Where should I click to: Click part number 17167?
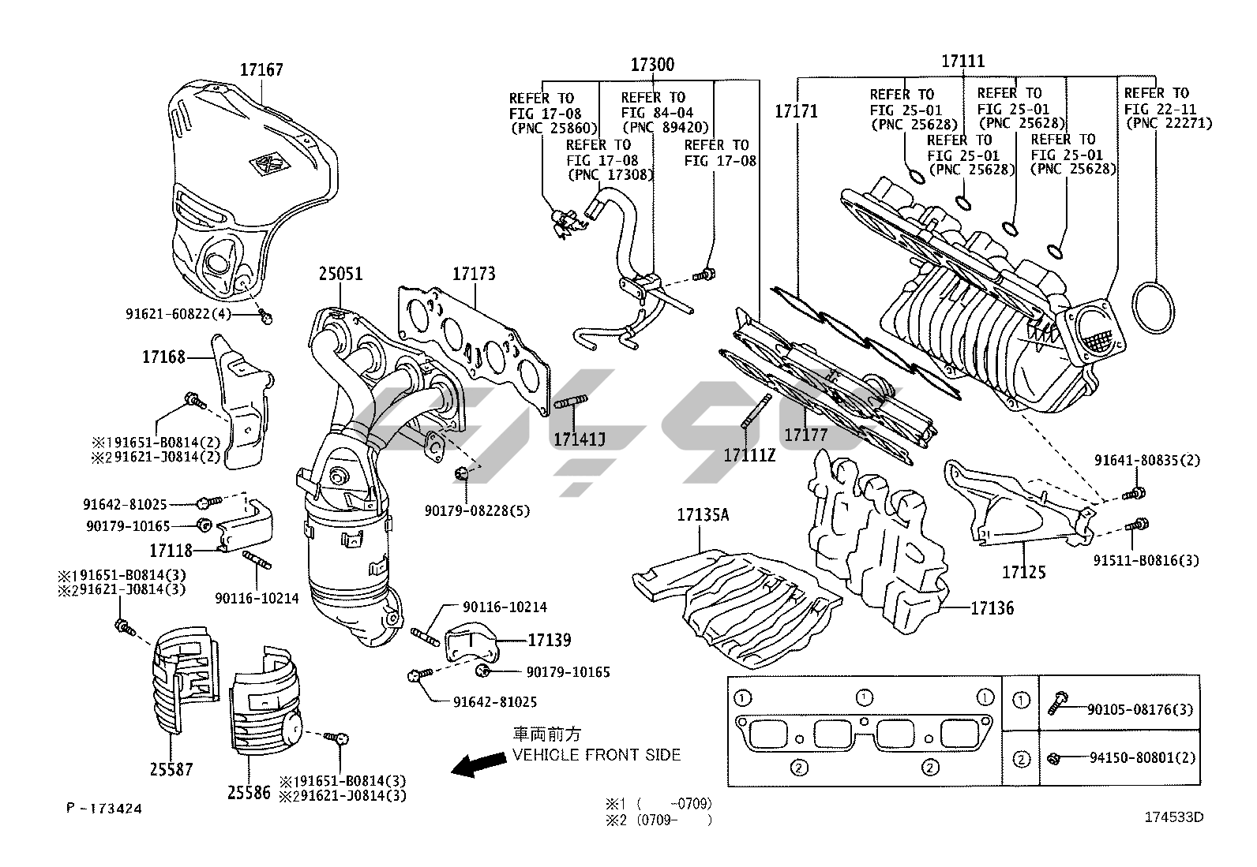coord(261,70)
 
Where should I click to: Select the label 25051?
coord(340,274)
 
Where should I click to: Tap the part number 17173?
coord(474,274)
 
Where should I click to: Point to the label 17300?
coord(652,65)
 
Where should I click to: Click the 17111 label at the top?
coord(962,62)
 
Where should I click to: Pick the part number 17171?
coord(796,111)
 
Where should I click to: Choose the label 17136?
coord(992,608)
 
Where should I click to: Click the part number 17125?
coord(1024,571)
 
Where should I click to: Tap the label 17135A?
coord(703,515)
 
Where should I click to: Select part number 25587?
coord(171,768)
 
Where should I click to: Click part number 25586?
coord(249,792)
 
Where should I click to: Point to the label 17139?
coord(550,640)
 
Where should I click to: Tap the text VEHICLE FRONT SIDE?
coord(596,755)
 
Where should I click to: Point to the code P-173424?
coord(105,808)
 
